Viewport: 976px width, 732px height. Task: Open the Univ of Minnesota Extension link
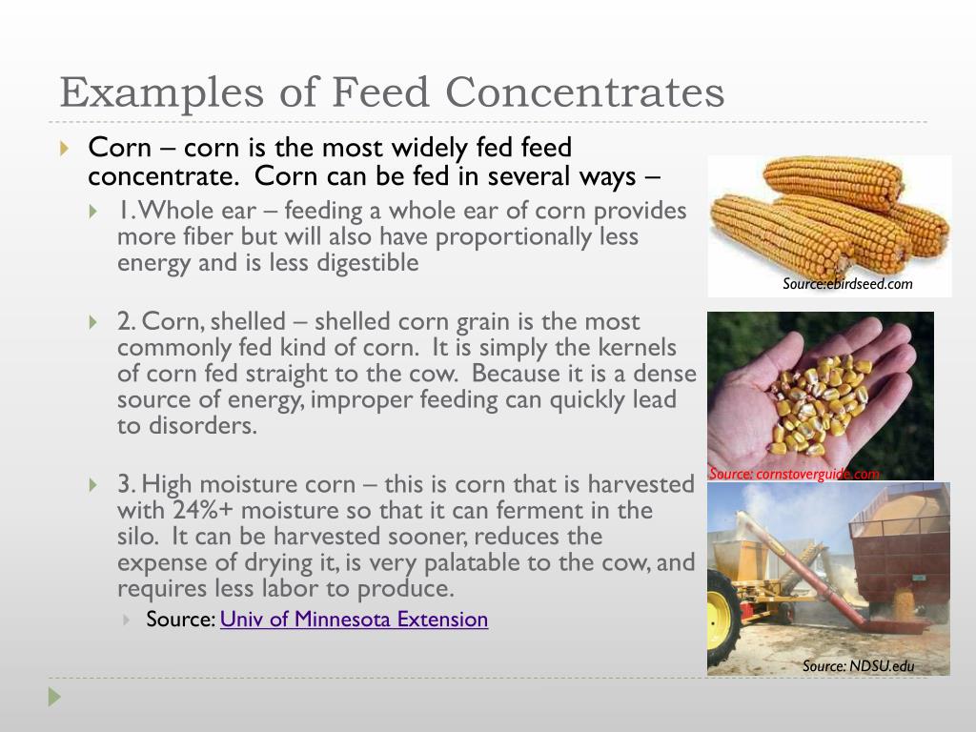(354, 620)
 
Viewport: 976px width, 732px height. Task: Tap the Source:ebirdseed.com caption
(847, 284)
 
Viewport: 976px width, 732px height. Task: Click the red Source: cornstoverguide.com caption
(794, 474)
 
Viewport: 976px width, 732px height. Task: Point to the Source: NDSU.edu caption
(858, 666)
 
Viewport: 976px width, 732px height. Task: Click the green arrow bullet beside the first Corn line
(64, 149)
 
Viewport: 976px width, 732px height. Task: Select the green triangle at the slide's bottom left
(54, 697)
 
